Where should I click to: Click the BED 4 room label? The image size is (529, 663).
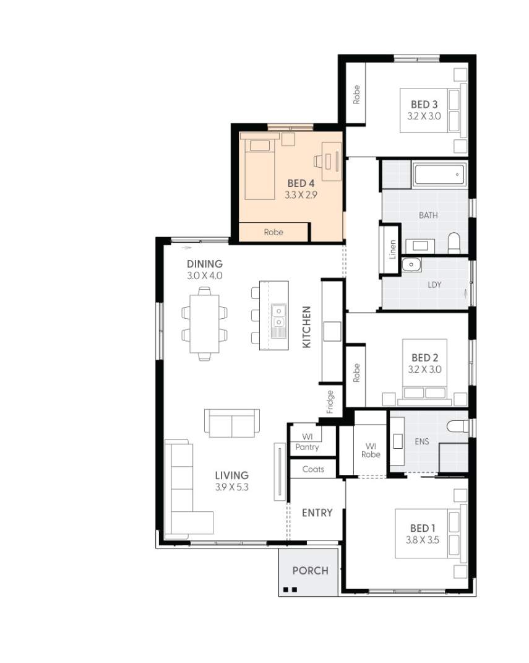pyautogui.click(x=301, y=183)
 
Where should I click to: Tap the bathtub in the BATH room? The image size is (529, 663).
pyautogui.click(x=439, y=175)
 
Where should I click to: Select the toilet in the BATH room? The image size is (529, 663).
pyautogui.click(x=454, y=243)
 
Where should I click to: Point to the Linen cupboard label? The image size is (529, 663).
pyautogui.click(x=392, y=249)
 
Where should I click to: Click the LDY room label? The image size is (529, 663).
pyautogui.click(x=434, y=285)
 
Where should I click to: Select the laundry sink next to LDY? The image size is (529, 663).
pyautogui.click(x=411, y=266)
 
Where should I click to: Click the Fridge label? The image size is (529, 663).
pyautogui.click(x=330, y=402)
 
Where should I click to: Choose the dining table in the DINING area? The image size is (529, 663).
pyautogui.click(x=204, y=323)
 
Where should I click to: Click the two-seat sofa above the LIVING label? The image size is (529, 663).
pyautogui.click(x=232, y=423)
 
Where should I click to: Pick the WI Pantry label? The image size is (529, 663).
pyautogui.click(x=308, y=442)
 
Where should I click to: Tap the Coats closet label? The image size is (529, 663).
pyautogui.click(x=313, y=469)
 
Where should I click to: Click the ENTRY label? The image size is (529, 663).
pyautogui.click(x=317, y=513)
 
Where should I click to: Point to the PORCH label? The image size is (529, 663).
pyautogui.click(x=310, y=571)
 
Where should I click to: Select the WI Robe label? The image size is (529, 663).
pyautogui.click(x=371, y=450)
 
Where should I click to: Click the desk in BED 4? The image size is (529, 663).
pyautogui.click(x=331, y=158)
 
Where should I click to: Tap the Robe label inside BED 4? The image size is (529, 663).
pyautogui.click(x=273, y=232)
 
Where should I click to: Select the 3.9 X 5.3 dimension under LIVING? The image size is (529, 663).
pyautogui.click(x=231, y=487)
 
